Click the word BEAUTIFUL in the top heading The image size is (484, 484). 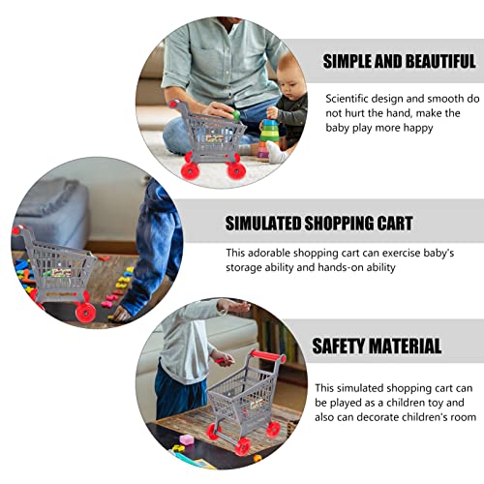pyautogui.click(x=440, y=61)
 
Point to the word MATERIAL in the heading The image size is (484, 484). pyautogui.click(x=405, y=346)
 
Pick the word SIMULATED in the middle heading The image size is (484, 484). pyautogui.click(x=263, y=223)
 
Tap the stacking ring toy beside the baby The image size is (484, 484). pyautogui.click(x=268, y=138)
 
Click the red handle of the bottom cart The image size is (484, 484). pyautogui.click(x=267, y=356)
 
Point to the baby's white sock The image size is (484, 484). pyautogui.click(x=277, y=152)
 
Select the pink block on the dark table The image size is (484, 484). pyautogui.click(x=187, y=439)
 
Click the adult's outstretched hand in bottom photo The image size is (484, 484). pyautogui.click(x=234, y=306)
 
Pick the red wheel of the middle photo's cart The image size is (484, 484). pyautogui.click(x=85, y=312)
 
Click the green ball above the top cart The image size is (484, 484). pyautogui.click(x=236, y=114)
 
